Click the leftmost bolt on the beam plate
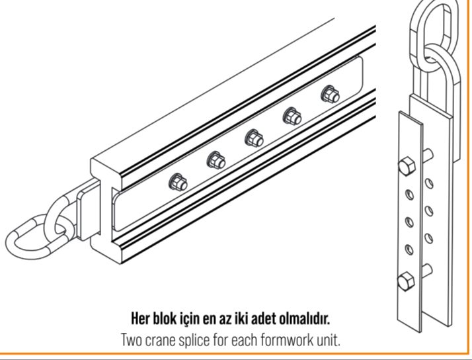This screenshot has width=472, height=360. [x=178, y=182]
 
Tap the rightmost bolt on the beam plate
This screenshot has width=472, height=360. [x=331, y=94]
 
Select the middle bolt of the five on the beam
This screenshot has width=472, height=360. [x=255, y=138]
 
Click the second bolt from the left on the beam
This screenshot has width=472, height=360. [x=216, y=160]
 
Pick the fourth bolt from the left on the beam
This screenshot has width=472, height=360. [x=292, y=116]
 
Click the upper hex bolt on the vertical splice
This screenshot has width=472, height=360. [x=407, y=166]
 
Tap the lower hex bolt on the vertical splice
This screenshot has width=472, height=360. [x=406, y=281]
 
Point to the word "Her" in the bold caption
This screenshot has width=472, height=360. [x=141, y=319]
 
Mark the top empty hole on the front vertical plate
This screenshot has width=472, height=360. [x=409, y=195]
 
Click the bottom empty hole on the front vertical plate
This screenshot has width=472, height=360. [x=409, y=249]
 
